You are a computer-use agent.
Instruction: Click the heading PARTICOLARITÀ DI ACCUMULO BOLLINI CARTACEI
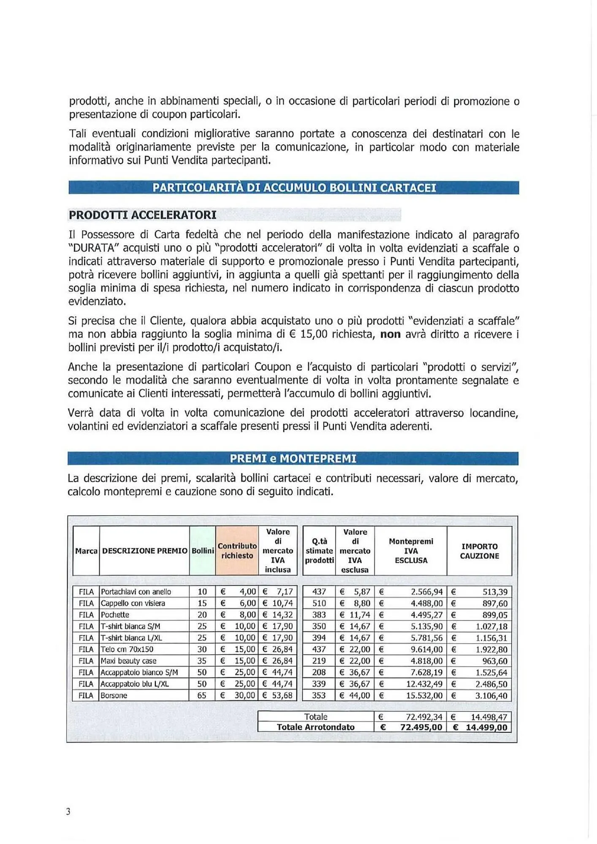pyautogui.click(x=294, y=188)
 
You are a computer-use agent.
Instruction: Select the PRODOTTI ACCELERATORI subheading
pyautogui.click(x=142, y=215)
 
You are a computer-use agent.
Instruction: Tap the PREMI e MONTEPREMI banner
pyautogui.click(x=293, y=458)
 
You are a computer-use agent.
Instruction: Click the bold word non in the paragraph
pyautogui.click(x=390, y=334)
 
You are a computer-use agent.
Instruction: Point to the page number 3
pyautogui.click(x=68, y=812)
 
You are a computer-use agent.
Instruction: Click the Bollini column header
pyautogui.click(x=203, y=551)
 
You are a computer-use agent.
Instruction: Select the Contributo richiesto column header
pyautogui.click(x=237, y=551)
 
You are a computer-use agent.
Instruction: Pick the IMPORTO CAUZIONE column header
pyautogui.click(x=479, y=551)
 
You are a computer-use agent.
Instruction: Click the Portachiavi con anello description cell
pyautogui.click(x=136, y=592)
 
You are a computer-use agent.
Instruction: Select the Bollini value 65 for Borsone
pyautogui.click(x=202, y=695)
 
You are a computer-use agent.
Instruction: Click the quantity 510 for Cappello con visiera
pyautogui.click(x=319, y=603)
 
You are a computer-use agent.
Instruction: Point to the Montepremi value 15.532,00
pyautogui.click(x=424, y=695)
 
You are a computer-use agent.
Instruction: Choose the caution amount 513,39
pyautogui.click(x=495, y=592)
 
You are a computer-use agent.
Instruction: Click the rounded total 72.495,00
pyautogui.click(x=421, y=727)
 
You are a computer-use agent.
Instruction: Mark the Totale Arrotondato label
pyautogui.click(x=315, y=727)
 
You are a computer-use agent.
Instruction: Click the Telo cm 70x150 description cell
pyautogui.click(x=127, y=649)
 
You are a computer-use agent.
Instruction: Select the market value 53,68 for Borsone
pyautogui.click(x=282, y=695)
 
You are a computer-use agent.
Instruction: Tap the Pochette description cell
pyautogui.click(x=115, y=614)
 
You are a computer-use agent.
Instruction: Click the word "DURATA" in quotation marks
pyautogui.click(x=92, y=248)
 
